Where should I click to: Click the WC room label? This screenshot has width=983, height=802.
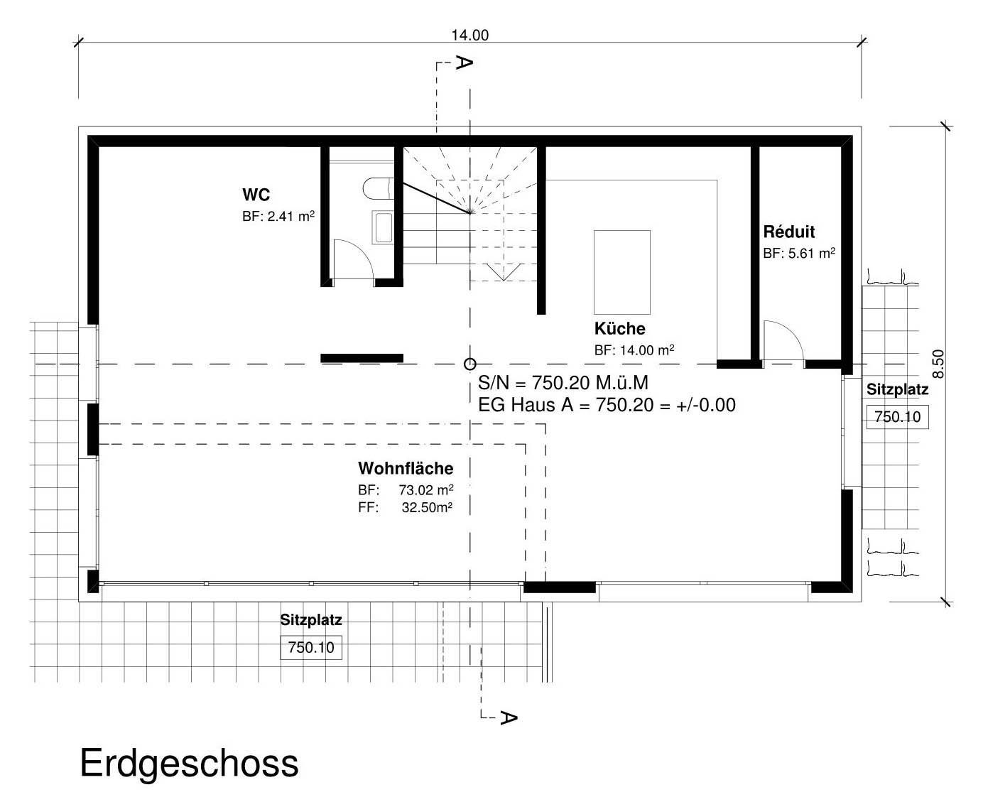click(x=256, y=195)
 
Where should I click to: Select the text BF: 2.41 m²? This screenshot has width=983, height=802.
click(x=278, y=217)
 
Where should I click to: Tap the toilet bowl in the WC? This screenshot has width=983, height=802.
click(x=376, y=188)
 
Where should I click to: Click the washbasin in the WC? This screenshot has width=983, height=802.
click(x=383, y=227)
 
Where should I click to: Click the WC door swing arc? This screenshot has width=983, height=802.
click(x=355, y=257)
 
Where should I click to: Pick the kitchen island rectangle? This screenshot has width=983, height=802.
click(x=621, y=272)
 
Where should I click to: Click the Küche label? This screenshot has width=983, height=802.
click(x=619, y=329)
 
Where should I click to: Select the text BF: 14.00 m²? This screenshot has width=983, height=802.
click(x=634, y=350)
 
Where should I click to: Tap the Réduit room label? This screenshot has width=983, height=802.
click(x=788, y=232)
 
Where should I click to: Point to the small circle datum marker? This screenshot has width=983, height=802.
click(x=469, y=364)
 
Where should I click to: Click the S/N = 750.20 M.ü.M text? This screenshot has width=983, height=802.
click(x=563, y=383)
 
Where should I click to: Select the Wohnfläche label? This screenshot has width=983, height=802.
click(x=405, y=468)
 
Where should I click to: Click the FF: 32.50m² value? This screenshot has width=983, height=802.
click(x=406, y=507)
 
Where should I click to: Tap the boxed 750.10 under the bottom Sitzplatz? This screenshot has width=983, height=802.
click(x=311, y=648)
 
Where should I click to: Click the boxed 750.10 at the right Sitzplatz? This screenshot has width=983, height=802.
click(x=897, y=416)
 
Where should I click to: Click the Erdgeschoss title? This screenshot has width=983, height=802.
click(x=189, y=764)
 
